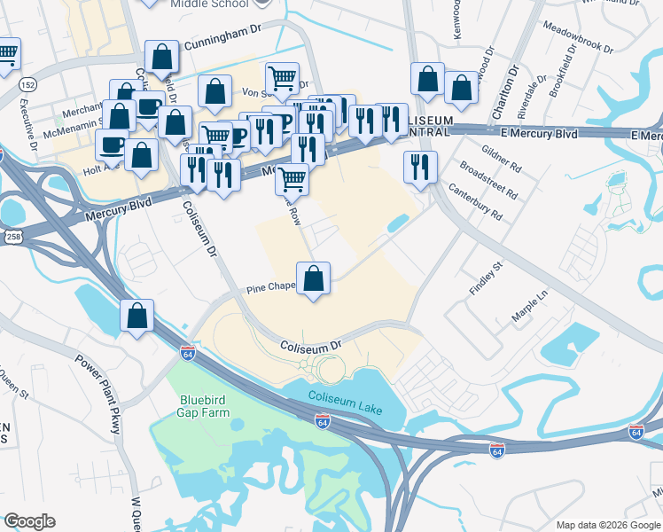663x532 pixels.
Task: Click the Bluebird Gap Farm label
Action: [205, 405]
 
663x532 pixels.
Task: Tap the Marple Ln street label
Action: [530, 305]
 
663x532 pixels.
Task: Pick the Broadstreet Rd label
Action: [489, 181]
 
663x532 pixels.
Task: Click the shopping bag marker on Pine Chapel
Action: [313, 278]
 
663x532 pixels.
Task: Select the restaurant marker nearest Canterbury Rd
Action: [419, 167]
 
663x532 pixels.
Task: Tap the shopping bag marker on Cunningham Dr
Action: [162, 57]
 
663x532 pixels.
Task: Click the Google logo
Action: [29, 521]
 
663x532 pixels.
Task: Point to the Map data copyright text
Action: [608, 525]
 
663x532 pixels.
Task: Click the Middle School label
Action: [208, 4]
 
